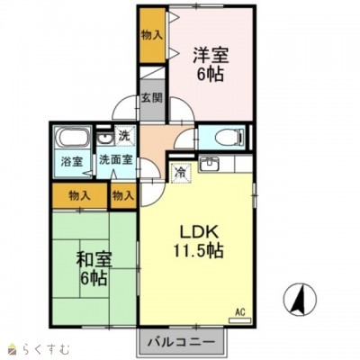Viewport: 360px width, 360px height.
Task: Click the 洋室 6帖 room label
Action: [x=211, y=64]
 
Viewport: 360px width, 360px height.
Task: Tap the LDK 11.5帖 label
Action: [x=198, y=241]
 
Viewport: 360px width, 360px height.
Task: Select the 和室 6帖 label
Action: [x=94, y=268]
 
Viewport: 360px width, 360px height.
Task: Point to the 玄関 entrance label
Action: [x=152, y=98]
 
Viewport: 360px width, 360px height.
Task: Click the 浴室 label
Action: [x=72, y=162]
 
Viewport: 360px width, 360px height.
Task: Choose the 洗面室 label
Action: [x=116, y=159]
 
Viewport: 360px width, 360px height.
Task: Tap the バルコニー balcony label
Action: [x=182, y=342]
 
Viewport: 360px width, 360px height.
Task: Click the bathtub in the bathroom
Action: [x=74, y=138]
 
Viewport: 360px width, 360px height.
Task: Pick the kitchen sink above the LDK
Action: [x=209, y=165]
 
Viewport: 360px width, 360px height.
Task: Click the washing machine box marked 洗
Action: [x=124, y=136]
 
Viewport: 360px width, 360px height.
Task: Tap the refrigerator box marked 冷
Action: [x=181, y=173]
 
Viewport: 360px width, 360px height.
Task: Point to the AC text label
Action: [x=240, y=312]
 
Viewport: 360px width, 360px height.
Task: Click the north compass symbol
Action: [x=300, y=299]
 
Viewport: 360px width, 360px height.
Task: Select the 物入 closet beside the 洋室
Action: [x=152, y=35]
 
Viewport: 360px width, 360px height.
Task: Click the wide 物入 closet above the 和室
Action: [x=79, y=196]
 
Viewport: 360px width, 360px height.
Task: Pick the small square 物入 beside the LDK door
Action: [x=122, y=196]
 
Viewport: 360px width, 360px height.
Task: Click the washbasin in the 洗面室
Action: [x=104, y=139]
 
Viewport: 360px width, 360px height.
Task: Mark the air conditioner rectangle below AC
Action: [x=239, y=320]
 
